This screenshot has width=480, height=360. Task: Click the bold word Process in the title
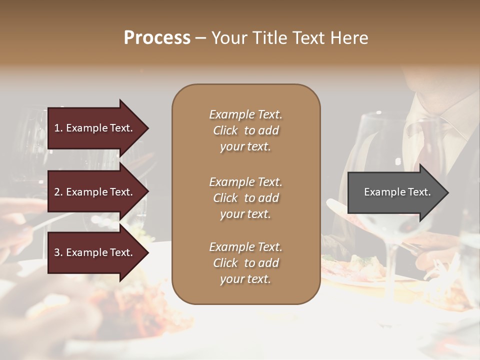coord(157,38)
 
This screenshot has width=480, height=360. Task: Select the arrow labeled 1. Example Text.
coord(95,128)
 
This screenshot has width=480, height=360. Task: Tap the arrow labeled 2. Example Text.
coord(95,192)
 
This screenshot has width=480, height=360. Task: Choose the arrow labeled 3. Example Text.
coord(95,252)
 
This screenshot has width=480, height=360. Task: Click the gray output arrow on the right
coord(395,192)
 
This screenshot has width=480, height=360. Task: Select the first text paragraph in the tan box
coord(245,130)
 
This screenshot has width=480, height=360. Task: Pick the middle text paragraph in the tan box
coord(245,198)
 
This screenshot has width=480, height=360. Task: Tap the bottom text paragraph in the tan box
coord(245,263)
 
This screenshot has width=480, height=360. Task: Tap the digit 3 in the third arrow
coord(57,252)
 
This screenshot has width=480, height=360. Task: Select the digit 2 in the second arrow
coord(57,192)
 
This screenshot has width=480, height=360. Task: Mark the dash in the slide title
coord(200,38)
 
